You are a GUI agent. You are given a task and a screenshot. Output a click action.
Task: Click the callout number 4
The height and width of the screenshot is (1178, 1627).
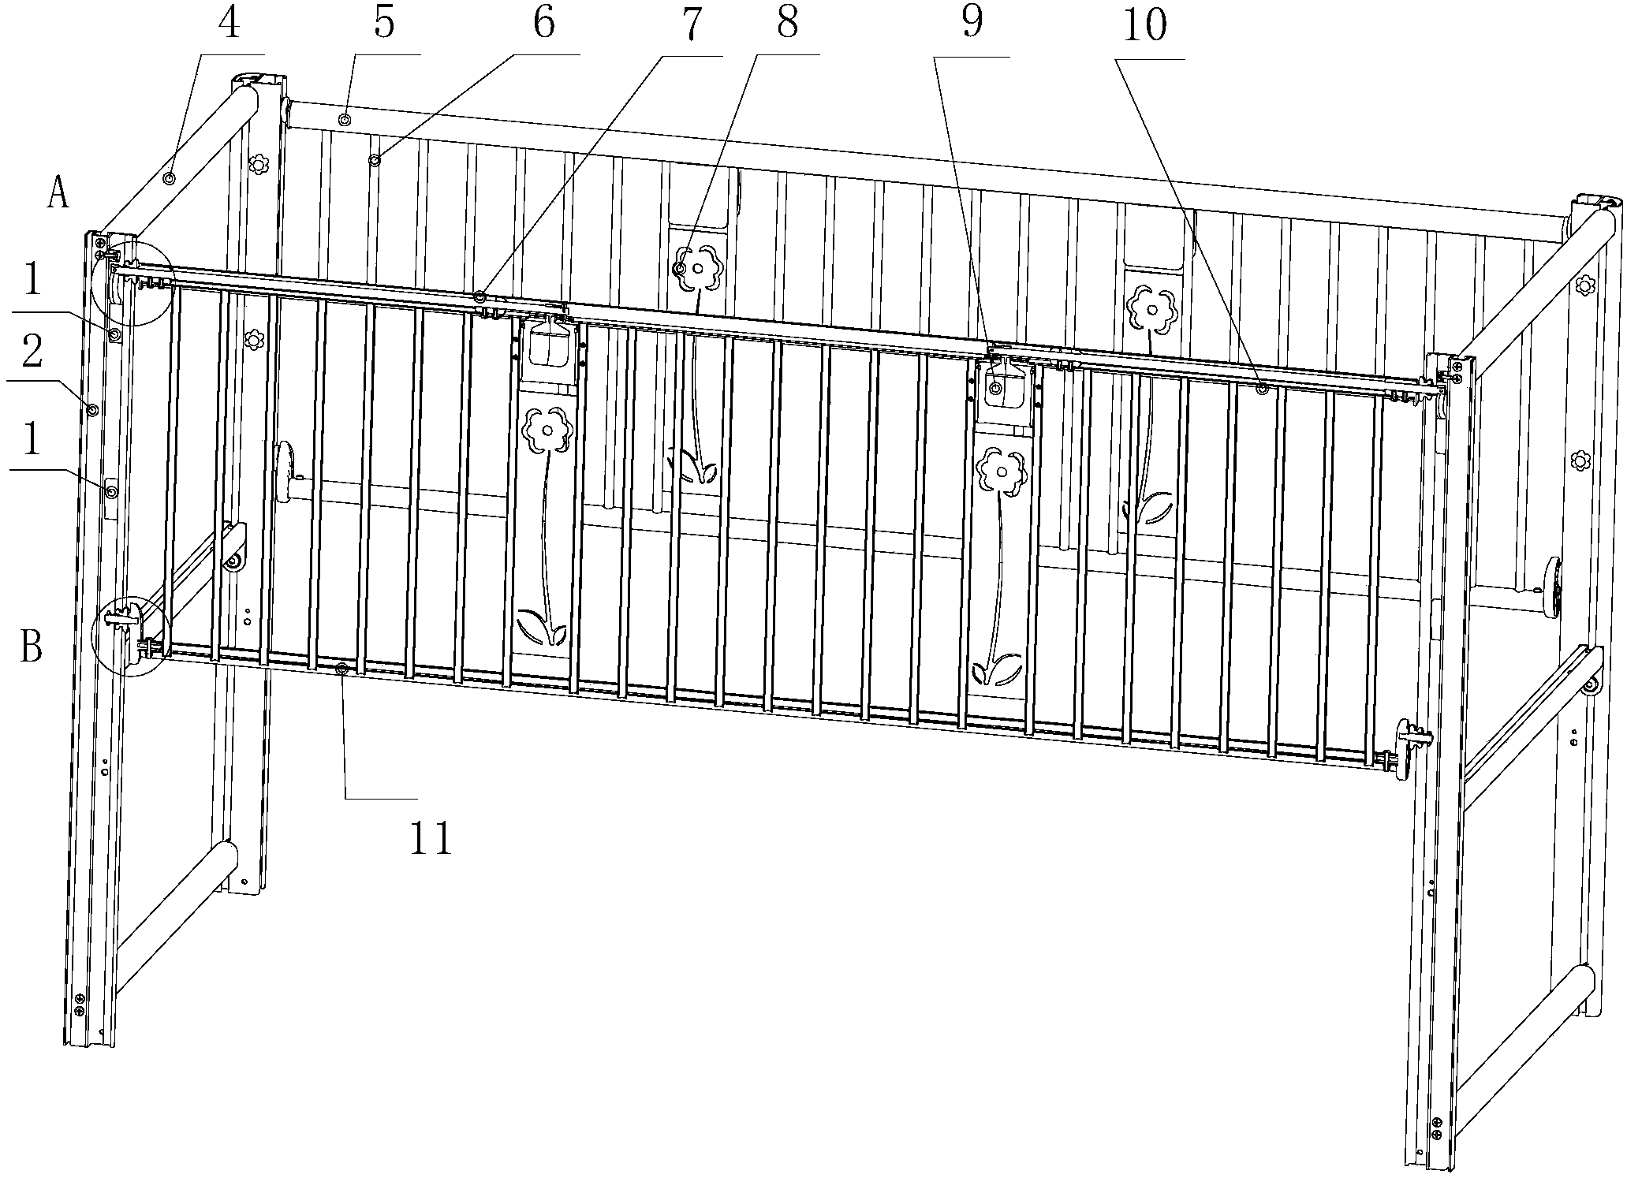229,25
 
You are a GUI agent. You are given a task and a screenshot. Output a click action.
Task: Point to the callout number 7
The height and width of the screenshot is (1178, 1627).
691,25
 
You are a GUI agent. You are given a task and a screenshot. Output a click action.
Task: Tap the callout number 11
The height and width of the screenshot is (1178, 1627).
431,838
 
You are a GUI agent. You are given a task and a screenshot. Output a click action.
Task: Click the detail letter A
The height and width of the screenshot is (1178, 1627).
57,193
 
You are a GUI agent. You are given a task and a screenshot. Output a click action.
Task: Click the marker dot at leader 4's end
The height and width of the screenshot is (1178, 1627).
168,178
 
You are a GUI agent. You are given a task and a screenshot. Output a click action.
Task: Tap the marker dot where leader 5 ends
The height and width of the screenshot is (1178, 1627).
345,120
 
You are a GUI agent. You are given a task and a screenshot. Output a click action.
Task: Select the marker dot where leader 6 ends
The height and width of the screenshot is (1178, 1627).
375,161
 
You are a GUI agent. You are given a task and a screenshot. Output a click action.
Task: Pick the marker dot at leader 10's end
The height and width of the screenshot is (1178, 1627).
1262,388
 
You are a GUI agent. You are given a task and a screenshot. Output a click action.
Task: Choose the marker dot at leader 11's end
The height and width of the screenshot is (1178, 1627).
341,669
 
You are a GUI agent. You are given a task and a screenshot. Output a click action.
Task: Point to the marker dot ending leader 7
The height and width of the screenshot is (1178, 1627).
480,297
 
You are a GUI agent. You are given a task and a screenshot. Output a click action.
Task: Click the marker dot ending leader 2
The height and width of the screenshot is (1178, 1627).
92,410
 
